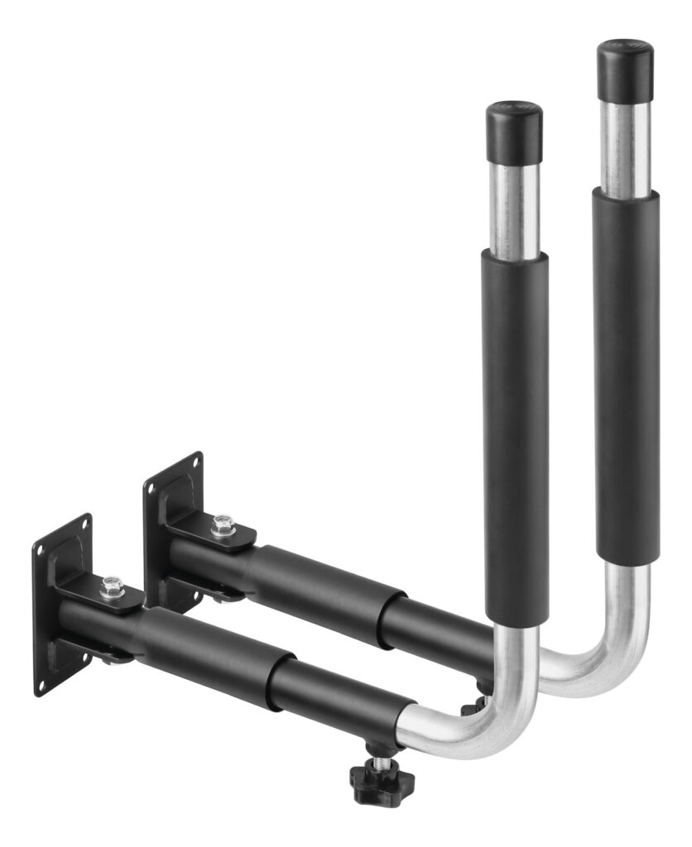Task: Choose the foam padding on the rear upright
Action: pyautogui.click(x=627, y=372)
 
